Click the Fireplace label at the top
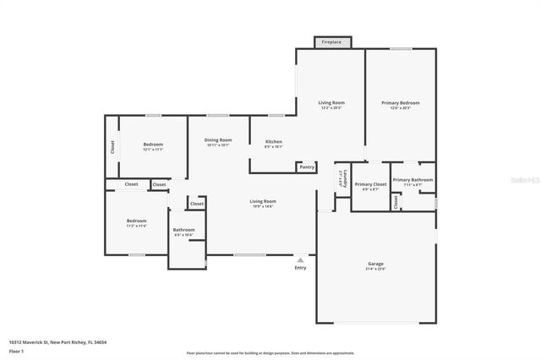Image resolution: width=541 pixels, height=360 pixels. click(x=331, y=41)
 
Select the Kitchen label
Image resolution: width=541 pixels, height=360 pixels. click(x=274, y=141)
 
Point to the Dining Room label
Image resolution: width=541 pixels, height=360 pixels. click(x=218, y=140)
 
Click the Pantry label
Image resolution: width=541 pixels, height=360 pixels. click(x=307, y=167)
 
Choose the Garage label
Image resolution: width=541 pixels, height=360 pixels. click(x=375, y=264)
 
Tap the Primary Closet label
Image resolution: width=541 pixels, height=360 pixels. click(x=370, y=184)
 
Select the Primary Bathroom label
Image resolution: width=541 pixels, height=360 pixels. click(x=413, y=179)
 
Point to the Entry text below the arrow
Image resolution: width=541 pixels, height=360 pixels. click(x=300, y=268)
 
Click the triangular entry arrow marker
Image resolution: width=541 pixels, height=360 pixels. click(x=300, y=259)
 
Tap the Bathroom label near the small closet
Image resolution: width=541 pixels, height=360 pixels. click(x=183, y=230)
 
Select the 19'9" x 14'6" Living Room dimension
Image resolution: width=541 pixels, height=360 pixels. click(x=263, y=206)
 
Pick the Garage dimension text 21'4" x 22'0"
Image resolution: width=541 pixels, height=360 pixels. click(x=375, y=269)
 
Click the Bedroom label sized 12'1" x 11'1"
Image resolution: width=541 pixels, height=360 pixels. click(x=153, y=145)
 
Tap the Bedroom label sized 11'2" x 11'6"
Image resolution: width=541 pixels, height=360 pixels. click(x=137, y=221)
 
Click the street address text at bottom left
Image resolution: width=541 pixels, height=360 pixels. click(x=58, y=342)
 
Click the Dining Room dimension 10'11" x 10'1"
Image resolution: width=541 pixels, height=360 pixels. click(x=218, y=145)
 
